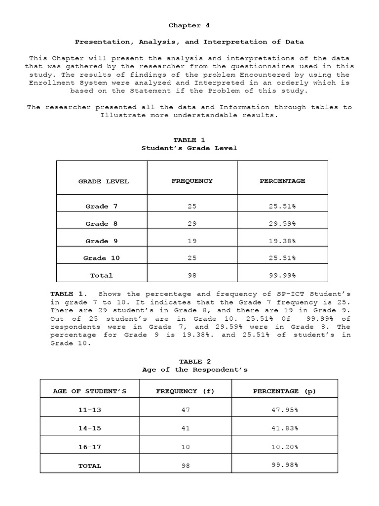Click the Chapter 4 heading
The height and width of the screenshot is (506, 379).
[185, 25]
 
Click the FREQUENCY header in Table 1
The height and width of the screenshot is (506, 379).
[192, 181]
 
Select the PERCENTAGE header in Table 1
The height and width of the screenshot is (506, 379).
[282, 181]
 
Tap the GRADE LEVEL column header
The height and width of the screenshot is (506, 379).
[104, 181]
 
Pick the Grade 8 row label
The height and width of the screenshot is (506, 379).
[102, 224]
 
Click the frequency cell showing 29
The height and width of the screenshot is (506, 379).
[192, 224]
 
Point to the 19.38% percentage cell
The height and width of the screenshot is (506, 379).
[282, 241]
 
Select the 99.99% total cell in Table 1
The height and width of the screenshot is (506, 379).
[282, 275]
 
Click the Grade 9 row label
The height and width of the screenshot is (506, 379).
[102, 241]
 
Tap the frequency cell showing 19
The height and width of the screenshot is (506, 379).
[192, 241]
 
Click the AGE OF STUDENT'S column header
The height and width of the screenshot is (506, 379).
[90, 391]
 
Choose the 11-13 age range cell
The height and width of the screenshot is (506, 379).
[90, 410]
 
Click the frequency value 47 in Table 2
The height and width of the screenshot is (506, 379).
[186, 410]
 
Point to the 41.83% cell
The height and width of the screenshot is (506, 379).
[284, 428]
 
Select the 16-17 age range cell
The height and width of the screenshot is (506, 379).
[90, 447]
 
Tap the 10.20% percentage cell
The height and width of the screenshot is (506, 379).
[284, 447]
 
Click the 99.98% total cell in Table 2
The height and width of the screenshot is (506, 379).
[284, 464]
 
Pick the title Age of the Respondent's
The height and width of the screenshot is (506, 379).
[194, 369]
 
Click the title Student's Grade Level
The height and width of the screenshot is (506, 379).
[189, 148]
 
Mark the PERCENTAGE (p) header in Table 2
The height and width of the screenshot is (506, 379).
[284, 391]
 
